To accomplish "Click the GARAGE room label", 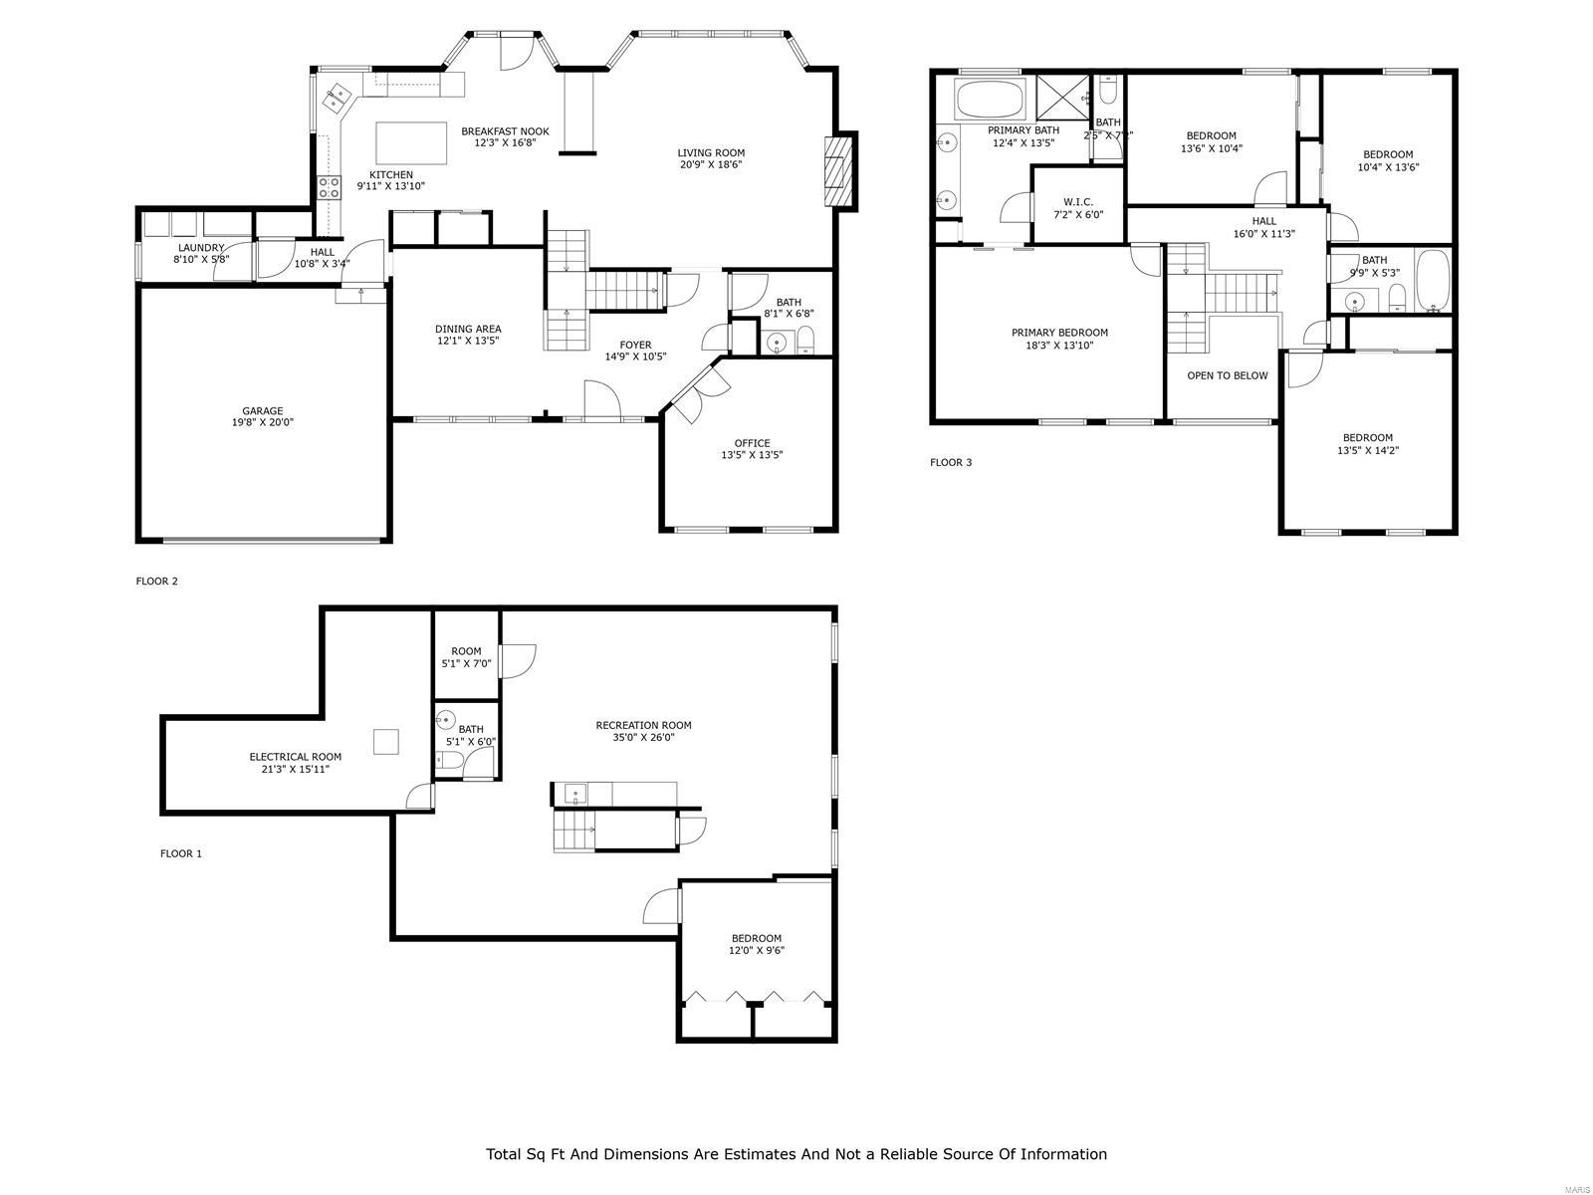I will [263, 410].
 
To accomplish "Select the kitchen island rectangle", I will [411, 142].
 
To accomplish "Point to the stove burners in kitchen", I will [329, 187].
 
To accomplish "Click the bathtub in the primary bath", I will [989, 100].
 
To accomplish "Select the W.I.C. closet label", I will [1077, 202].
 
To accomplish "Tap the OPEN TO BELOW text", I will [1227, 375].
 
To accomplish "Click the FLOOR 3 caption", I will [951, 462].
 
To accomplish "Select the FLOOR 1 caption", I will [181, 853].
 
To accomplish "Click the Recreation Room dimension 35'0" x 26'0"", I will [643, 738].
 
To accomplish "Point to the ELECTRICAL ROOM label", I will [295, 757].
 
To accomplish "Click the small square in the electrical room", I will [386, 741].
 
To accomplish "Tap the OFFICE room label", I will [752, 443].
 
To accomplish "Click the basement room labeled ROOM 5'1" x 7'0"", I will [466, 657].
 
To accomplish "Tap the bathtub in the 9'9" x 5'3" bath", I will [1433, 281].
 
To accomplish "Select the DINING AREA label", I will [468, 329].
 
